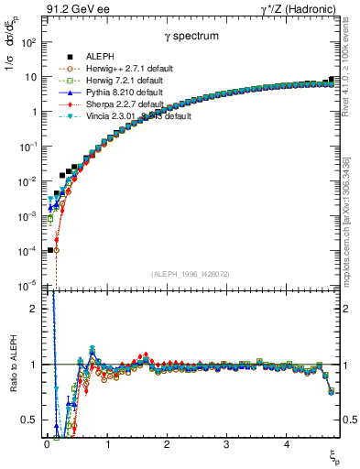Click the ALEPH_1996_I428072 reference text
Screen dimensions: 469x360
[x=191, y=274]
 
